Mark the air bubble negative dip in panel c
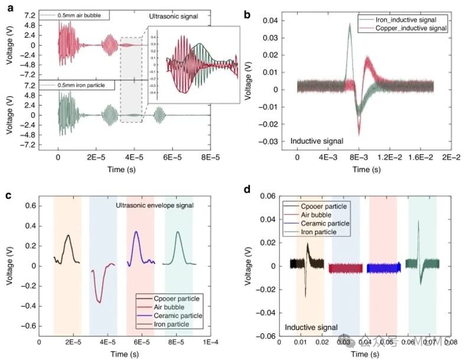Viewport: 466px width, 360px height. click(99, 302)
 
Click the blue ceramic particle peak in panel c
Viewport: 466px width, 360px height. click(136, 232)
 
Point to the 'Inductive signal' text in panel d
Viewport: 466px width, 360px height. click(311, 326)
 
